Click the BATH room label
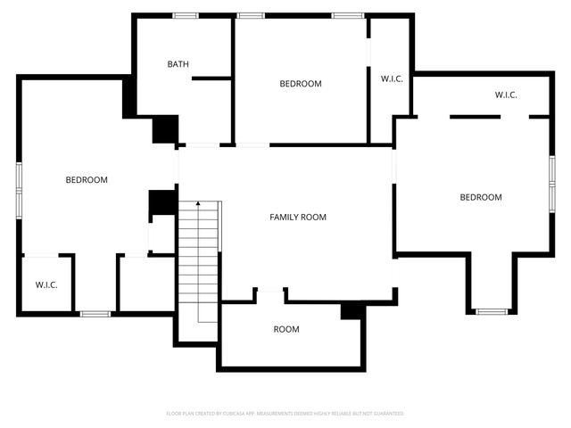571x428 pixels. click(178, 64)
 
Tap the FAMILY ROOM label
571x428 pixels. click(298, 217)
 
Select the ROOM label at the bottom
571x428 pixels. click(286, 329)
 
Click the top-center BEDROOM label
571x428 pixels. click(301, 84)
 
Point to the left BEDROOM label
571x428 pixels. click(87, 180)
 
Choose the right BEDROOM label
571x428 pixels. click(481, 197)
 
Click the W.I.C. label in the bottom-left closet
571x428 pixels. click(46, 285)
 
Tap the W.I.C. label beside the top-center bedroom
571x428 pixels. click(392, 79)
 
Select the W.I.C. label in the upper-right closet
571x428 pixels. click(507, 95)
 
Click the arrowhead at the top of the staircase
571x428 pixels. click(197, 206)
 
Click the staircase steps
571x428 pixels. click(198, 263)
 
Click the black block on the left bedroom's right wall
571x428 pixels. click(161, 203)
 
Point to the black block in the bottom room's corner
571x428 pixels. click(352, 310)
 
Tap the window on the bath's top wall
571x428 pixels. click(186, 15)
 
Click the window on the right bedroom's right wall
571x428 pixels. click(551, 183)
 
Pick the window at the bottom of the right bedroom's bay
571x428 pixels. click(490, 311)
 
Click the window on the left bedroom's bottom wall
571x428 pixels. click(95, 313)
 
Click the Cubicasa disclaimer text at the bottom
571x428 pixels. click(285, 414)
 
